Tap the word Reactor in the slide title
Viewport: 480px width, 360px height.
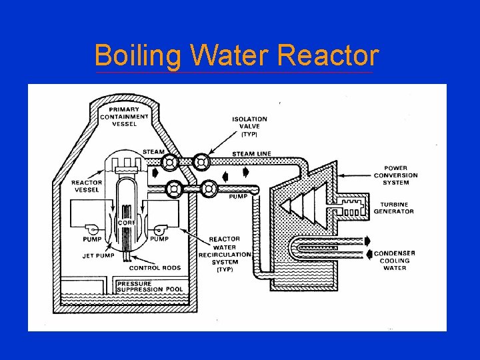pos(328,55)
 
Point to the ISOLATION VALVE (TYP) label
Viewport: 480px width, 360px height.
pos(249,126)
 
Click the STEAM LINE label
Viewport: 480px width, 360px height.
pos(251,154)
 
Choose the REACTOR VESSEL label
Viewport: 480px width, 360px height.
pos(86,186)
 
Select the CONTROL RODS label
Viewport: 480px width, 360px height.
pos(155,268)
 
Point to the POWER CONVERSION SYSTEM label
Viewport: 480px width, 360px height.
pos(401,175)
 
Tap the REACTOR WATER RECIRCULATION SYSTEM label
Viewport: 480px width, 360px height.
pos(225,250)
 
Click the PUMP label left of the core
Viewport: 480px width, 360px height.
pos(92,239)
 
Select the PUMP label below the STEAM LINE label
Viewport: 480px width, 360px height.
pos(239,197)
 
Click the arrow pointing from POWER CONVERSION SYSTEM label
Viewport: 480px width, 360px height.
pos(357,175)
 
